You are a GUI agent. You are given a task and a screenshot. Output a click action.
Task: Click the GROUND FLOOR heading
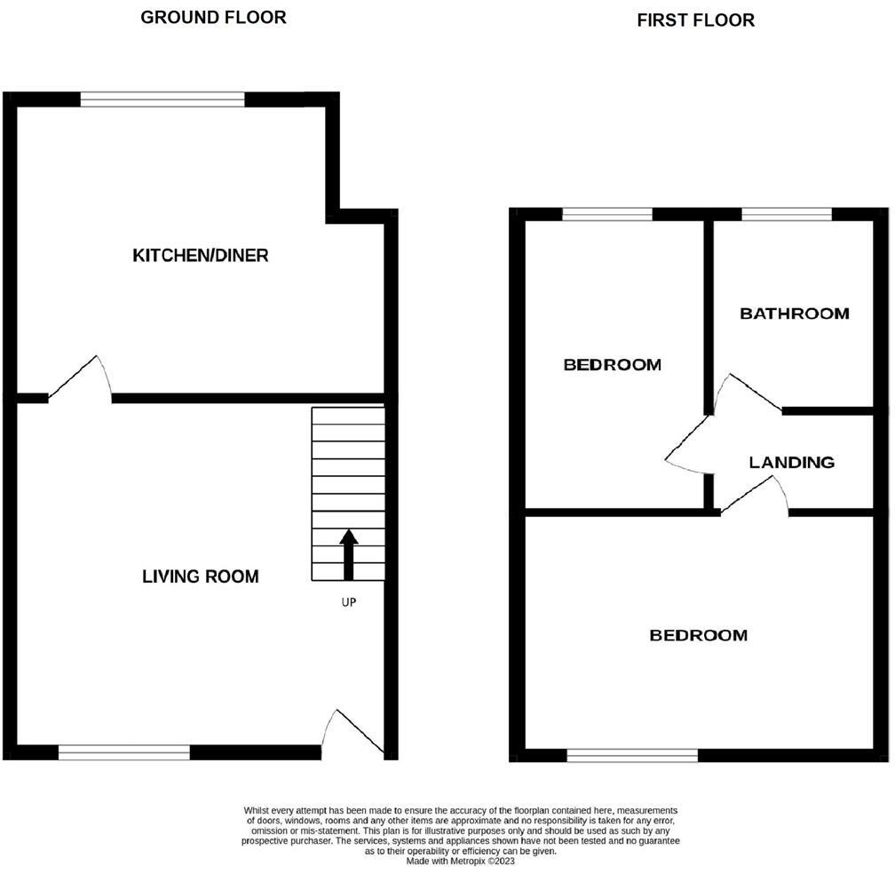coord(213,18)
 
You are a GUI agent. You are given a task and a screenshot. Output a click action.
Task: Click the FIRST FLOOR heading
coord(695,20)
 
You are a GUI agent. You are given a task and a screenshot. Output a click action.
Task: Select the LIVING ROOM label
coord(201,576)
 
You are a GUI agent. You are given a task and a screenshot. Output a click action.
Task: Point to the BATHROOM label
coord(795,314)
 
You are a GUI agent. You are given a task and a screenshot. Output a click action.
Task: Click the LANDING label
coord(791,462)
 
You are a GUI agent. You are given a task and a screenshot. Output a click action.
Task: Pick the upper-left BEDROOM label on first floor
coord(613,364)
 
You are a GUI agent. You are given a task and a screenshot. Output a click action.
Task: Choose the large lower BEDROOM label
coord(699,635)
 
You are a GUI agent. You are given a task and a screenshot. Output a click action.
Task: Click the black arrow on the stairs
coord(348,553)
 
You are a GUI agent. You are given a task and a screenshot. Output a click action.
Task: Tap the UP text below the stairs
coord(349,602)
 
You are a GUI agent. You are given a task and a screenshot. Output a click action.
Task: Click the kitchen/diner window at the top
coord(162,99)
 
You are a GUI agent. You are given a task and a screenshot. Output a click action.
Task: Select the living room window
coord(124,752)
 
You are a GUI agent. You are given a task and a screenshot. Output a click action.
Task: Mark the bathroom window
coord(787,214)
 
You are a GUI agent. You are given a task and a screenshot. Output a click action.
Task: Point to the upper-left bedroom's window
coord(607,214)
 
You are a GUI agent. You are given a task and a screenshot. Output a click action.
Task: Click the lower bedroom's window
coord(632,755)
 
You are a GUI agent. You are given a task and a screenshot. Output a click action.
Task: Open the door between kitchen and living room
coord(82,380)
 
